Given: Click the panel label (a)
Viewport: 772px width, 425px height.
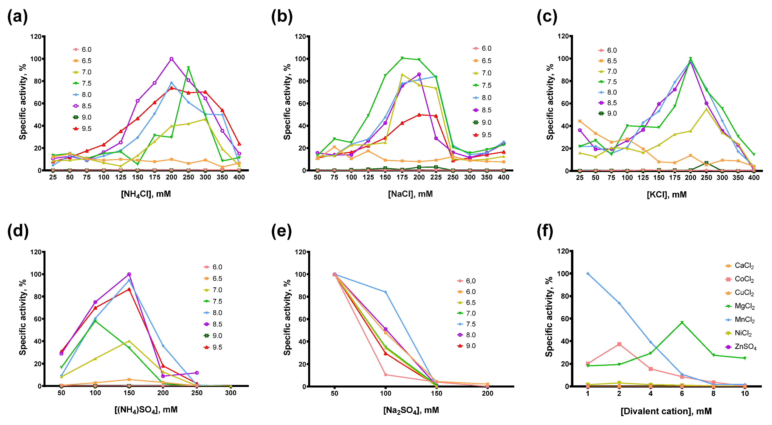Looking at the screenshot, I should (x=17, y=17).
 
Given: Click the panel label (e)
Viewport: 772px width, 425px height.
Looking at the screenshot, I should (x=281, y=232).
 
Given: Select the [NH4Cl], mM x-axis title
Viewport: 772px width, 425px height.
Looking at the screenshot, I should (x=146, y=194).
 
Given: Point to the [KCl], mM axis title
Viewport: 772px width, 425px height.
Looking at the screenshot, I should (x=666, y=195).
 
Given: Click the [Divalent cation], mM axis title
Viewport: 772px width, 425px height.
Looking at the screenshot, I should (x=666, y=411).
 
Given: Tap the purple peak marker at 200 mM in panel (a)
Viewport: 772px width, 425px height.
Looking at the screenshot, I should (x=171, y=59).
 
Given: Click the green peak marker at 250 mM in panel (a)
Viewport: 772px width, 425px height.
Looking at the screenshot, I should (x=188, y=68).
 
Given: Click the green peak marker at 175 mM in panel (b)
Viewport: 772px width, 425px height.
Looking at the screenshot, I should (x=402, y=58).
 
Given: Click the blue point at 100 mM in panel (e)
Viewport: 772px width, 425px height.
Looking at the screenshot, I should (x=385, y=292).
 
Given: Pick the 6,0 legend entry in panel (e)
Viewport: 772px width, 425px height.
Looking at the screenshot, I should (x=466, y=281).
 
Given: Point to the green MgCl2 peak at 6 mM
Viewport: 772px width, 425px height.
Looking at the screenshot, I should (x=682, y=322).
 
